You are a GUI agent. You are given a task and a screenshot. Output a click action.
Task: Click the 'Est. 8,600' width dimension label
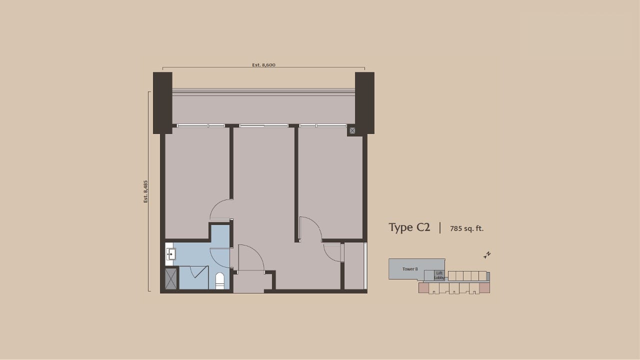[x=263, y=65]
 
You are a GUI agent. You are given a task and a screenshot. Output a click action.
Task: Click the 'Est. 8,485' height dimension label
[x=146, y=191]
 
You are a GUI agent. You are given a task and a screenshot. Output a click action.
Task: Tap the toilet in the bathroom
[x=220, y=281]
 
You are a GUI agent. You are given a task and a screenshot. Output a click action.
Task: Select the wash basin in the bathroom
[x=170, y=254]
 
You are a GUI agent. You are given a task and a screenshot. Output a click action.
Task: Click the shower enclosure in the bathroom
[x=194, y=277]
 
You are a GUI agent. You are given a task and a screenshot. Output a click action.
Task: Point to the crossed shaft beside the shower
[x=171, y=279]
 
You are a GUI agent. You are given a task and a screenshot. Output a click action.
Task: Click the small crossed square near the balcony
[x=352, y=130]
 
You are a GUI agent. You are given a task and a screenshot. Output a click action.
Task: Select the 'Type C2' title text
[x=409, y=227]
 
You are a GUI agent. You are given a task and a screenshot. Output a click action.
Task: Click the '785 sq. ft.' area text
[x=466, y=229]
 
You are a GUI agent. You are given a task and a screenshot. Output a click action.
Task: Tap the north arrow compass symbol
[x=487, y=255]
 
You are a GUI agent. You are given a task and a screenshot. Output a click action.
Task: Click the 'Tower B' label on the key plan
[x=410, y=269]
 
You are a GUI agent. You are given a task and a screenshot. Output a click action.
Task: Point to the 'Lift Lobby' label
[x=439, y=275]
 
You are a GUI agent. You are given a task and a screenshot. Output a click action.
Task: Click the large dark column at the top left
[x=162, y=102]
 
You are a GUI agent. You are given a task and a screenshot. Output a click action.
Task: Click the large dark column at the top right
[x=364, y=102]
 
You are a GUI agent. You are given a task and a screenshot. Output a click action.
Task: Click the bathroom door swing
[x=220, y=257]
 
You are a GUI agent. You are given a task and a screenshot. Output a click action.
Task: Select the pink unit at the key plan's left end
[x=423, y=288]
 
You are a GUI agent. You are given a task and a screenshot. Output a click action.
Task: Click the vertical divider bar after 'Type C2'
[x=440, y=228]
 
